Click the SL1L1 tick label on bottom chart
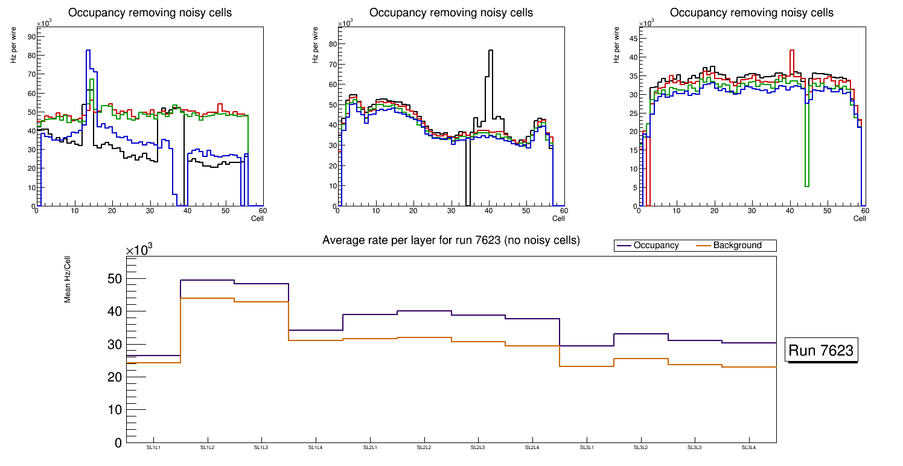pos(153,447)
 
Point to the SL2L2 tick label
pos(424,447)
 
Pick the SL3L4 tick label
pos(749,447)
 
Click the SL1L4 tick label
pos(316,447)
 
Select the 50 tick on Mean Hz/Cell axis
pos(115,279)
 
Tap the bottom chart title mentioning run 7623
pos(451,240)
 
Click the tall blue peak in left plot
pos(88,51)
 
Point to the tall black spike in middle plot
pos(491,51)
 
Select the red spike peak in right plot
pos(792,51)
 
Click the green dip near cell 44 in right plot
pos(807,185)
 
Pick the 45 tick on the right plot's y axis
pos(633,39)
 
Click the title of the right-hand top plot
pos(751,13)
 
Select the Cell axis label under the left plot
pos(257,218)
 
